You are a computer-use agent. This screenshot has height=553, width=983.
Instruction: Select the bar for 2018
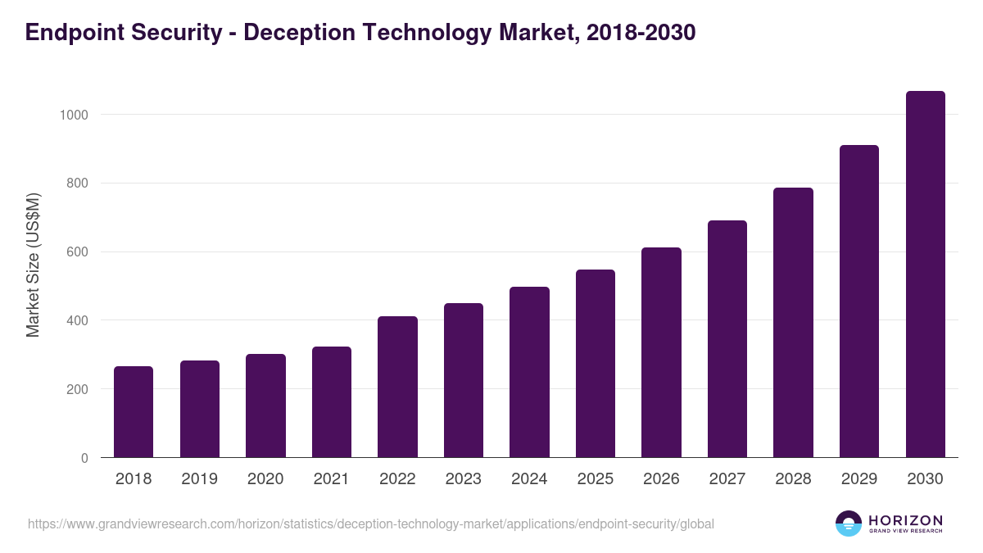(x=134, y=411)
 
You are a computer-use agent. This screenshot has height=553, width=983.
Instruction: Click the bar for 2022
(x=397, y=387)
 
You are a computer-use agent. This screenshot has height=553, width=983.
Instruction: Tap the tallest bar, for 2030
(x=925, y=274)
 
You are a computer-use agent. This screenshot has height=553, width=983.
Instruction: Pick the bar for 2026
(x=661, y=352)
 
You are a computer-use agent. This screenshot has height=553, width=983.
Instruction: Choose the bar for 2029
(x=859, y=301)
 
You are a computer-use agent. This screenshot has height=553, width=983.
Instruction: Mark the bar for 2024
(x=529, y=372)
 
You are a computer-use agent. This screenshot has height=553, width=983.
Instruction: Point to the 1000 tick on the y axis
(x=74, y=115)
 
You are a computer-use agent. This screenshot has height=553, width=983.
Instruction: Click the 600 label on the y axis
(x=77, y=252)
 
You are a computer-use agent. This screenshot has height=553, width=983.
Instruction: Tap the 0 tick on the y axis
(x=84, y=458)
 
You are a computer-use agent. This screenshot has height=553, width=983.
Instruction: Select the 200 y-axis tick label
(x=77, y=389)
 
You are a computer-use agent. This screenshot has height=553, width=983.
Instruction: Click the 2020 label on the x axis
(x=265, y=479)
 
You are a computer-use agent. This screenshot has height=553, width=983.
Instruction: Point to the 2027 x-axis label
(x=727, y=479)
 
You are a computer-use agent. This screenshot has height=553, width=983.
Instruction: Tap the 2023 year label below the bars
(x=464, y=479)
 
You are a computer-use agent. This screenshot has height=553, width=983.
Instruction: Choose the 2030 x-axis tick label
(x=925, y=479)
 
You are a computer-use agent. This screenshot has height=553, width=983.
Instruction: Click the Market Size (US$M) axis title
(x=33, y=265)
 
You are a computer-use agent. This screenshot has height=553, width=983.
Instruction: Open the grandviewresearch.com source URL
(x=371, y=524)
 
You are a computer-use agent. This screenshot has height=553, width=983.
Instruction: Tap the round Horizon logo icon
(x=849, y=524)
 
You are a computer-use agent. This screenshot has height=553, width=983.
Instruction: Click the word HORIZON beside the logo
(x=905, y=519)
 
